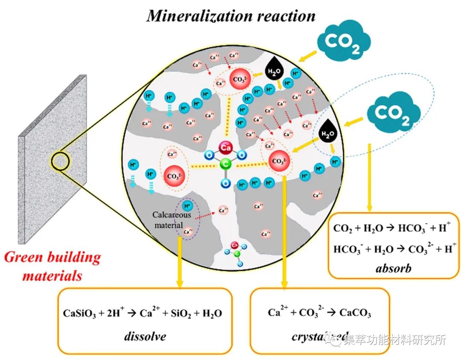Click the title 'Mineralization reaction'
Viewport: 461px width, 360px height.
pos(231,16)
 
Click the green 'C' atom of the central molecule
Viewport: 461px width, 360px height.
pos(225,164)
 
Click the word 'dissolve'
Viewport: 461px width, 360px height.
pos(145,336)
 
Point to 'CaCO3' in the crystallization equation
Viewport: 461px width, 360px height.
pos(355,313)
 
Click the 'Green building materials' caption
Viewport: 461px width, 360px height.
pos(53,266)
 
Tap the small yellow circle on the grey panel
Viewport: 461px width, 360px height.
pos(60,160)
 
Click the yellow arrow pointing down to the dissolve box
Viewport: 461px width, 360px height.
pos(180,263)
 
